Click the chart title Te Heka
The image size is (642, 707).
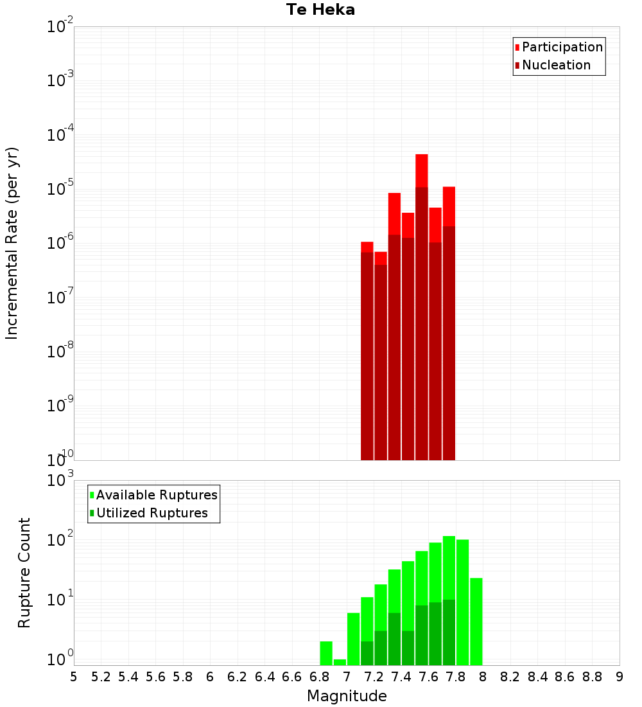(x=320, y=10)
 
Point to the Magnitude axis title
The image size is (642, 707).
(x=347, y=696)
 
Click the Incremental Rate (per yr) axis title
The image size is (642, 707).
(x=12, y=243)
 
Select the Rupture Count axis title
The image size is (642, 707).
(x=24, y=573)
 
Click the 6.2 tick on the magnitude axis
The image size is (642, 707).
(x=238, y=676)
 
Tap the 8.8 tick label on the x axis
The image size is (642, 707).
(x=592, y=676)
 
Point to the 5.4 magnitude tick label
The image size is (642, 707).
(x=128, y=676)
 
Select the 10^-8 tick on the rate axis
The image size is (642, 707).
(x=62, y=352)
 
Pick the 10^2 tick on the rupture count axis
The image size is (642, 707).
(x=62, y=540)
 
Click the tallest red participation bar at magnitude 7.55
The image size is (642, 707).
(x=422, y=170)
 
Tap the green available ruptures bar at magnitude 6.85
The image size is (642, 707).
(x=326, y=653)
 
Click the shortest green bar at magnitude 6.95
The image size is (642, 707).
(x=340, y=662)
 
